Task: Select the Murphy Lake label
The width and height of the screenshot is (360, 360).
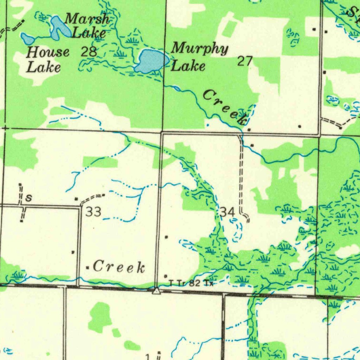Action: pos(199,56)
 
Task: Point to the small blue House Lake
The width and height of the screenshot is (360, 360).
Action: pos(27,38)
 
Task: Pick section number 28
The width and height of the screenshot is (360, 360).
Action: pos(89,52)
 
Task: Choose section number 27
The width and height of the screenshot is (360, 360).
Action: pos(245,61)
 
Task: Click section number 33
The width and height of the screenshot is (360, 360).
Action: pos(94,212)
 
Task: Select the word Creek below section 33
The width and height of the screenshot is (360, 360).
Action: pos(119,268)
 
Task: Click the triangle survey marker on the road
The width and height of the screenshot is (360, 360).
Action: pos(156,291)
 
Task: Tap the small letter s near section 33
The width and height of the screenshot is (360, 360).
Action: pos(29,199)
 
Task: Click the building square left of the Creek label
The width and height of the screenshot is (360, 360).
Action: pos(88,268)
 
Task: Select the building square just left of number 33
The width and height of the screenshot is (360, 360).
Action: pos(76,199)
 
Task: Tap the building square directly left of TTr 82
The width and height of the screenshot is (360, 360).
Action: pos(166,276)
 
